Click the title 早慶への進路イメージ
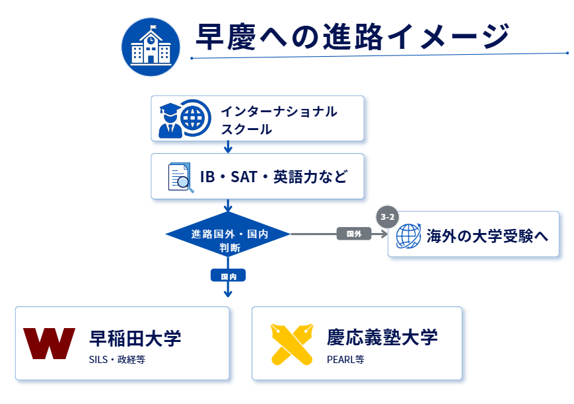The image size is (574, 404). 353,36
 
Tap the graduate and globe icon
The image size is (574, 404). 185,119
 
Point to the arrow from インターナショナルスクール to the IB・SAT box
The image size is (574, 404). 228,147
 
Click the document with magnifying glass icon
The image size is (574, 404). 181,178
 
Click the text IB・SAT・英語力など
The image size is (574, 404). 273,177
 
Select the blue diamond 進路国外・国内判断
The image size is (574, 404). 228,234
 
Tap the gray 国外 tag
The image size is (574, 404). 354,234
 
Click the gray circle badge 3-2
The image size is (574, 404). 387,217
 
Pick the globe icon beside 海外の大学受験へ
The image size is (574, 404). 408,236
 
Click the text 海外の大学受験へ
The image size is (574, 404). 487,236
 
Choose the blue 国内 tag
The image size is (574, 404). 228,276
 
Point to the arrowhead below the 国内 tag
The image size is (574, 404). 228,294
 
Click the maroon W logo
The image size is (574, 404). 49,343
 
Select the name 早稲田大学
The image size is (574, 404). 135,338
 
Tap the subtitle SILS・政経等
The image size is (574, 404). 117,360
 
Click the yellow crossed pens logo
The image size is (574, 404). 292,344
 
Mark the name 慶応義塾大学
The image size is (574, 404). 382,337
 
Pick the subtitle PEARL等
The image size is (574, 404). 345,360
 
